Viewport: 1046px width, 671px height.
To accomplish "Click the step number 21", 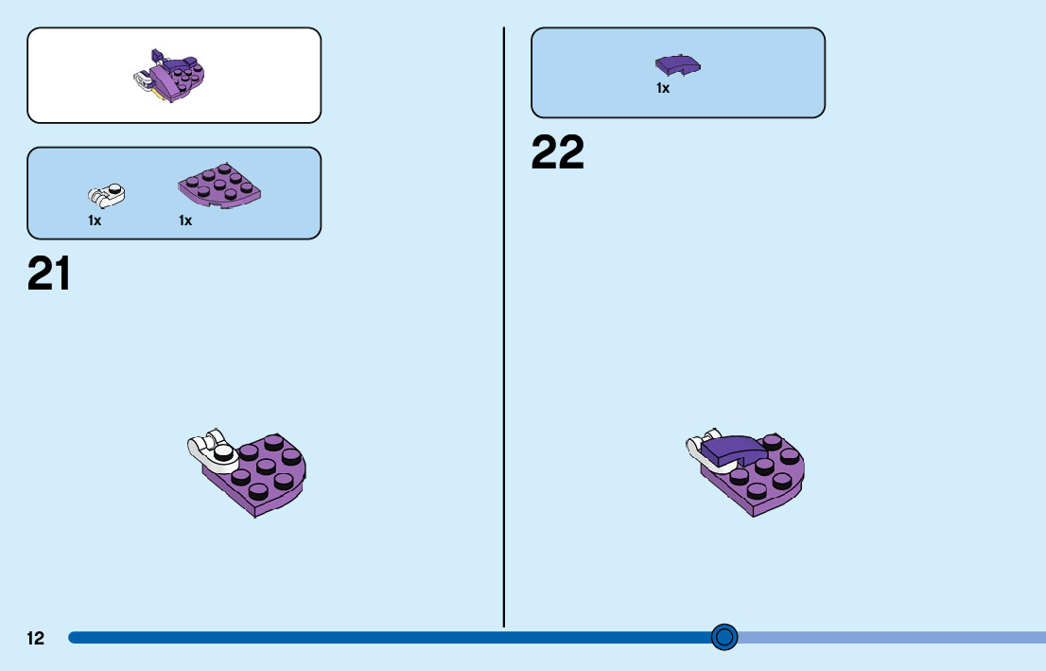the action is pos(49,274).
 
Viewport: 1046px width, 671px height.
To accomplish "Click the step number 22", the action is pos(558,153).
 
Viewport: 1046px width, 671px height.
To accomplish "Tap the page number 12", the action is pos(35,638).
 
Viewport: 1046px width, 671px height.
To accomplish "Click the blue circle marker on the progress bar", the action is pos(724,637).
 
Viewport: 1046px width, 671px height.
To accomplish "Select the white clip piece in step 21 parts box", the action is pos(106,195).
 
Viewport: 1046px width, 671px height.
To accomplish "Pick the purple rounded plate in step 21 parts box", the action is pos(219,185).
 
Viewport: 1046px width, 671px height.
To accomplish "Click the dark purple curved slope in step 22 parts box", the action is pos(678,64).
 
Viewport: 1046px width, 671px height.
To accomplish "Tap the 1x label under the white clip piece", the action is pos(95,221).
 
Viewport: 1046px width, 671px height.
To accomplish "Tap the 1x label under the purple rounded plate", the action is pos(185,221).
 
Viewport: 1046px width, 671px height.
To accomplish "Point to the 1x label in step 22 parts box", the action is pos(663,88).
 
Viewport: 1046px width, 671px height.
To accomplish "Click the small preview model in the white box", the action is pos(174,76).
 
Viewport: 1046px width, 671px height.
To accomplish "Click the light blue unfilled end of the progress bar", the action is pos(889,638).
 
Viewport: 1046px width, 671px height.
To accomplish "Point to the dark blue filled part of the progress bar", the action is pos(378,638).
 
